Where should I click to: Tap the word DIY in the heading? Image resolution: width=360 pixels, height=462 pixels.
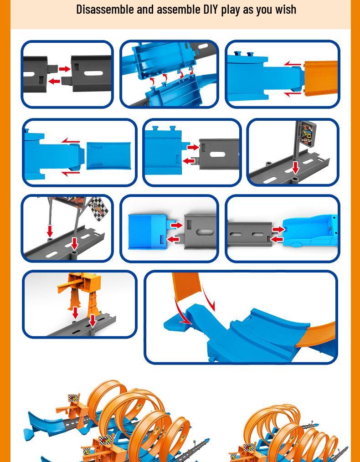point(211,10)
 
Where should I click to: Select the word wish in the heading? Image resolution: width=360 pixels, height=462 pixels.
point(286,10)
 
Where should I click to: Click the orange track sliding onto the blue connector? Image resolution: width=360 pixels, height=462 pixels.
point(321,78)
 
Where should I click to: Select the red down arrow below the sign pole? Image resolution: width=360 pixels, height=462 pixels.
point(295,168)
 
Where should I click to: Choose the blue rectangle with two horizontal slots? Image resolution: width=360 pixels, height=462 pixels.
point(109,156)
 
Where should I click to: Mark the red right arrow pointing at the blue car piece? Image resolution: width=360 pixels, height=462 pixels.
point(278,229)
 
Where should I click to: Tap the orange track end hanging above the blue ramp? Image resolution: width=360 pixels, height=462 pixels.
point(186,285)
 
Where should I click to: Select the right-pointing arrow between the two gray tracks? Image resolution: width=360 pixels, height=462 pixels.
point(65,69)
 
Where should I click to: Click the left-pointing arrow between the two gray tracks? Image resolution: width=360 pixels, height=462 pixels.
point(54,81)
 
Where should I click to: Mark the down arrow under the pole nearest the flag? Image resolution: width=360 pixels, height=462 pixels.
point(75,244)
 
